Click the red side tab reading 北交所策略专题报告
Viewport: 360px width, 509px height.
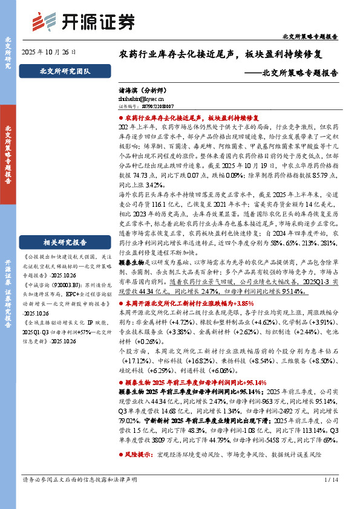click(x=8, y=154)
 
